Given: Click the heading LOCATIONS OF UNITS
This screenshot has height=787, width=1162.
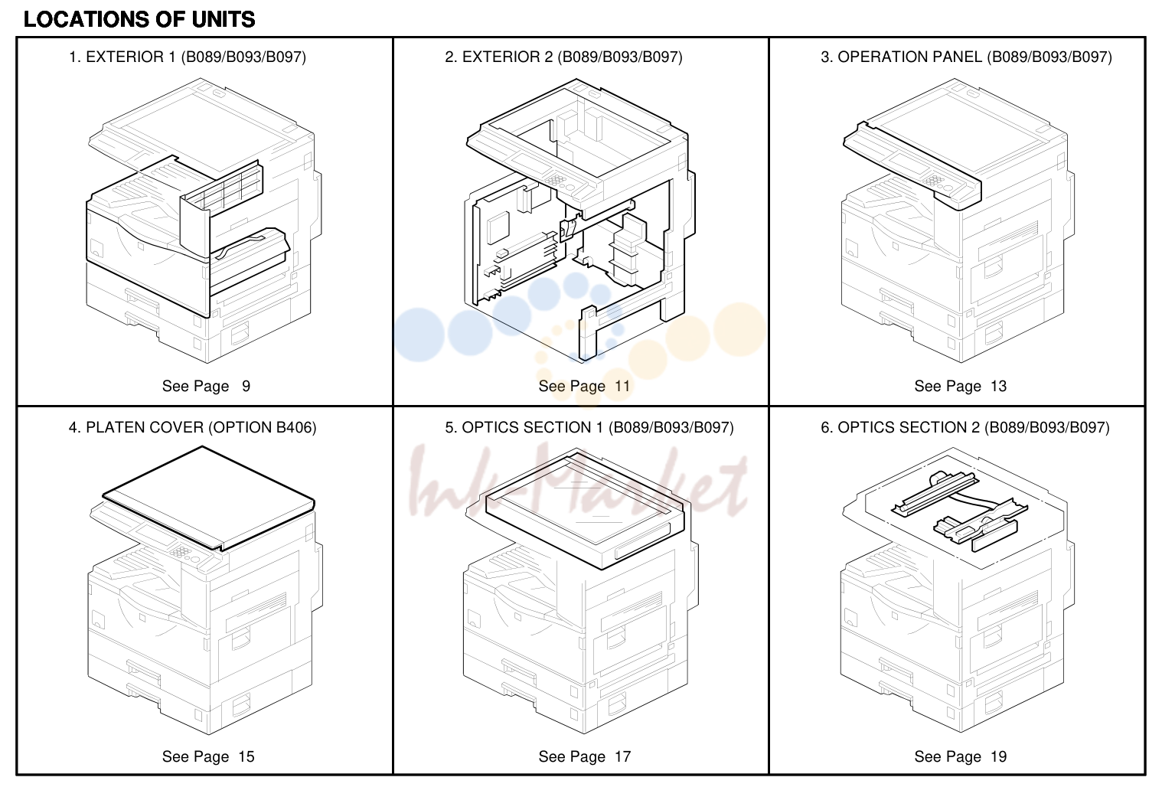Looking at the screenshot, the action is click(139, 20).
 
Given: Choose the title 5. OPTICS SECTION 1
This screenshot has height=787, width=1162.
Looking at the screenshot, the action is click(524, 427).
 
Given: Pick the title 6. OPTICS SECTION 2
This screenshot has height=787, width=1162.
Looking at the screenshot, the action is click(900, 427).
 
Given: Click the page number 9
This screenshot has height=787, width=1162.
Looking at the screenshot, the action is click(246, 386).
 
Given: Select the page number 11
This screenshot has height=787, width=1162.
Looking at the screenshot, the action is click(622, 386).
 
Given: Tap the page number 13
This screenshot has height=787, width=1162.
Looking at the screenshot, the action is click(998, 386).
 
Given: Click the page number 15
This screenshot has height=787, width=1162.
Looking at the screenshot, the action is click(246, 756).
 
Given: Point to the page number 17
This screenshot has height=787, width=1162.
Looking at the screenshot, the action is click(622, 756).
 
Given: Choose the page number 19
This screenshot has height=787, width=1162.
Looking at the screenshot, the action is click(998, 756).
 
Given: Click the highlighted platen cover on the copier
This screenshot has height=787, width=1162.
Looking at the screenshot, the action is click(207, 498).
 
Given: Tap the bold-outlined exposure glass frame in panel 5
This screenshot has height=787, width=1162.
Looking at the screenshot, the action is click(585, 509).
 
